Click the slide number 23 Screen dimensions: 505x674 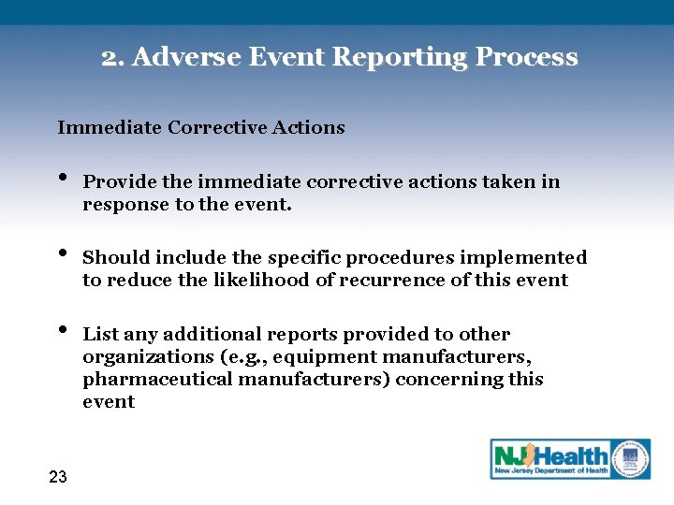pyautogui.click(x=57, y=477)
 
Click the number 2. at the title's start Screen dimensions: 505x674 pyautogui.click(x=113, y=57)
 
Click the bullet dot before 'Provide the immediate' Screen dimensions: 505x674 pyautogui.click(x=62, y=177)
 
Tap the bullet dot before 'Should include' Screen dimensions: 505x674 pyautogui.click(x=62, y=252)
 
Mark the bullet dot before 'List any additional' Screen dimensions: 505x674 pyautogui.click(x=62, y=329)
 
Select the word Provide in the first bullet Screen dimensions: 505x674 pyautogui.click(x=116, y=181)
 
